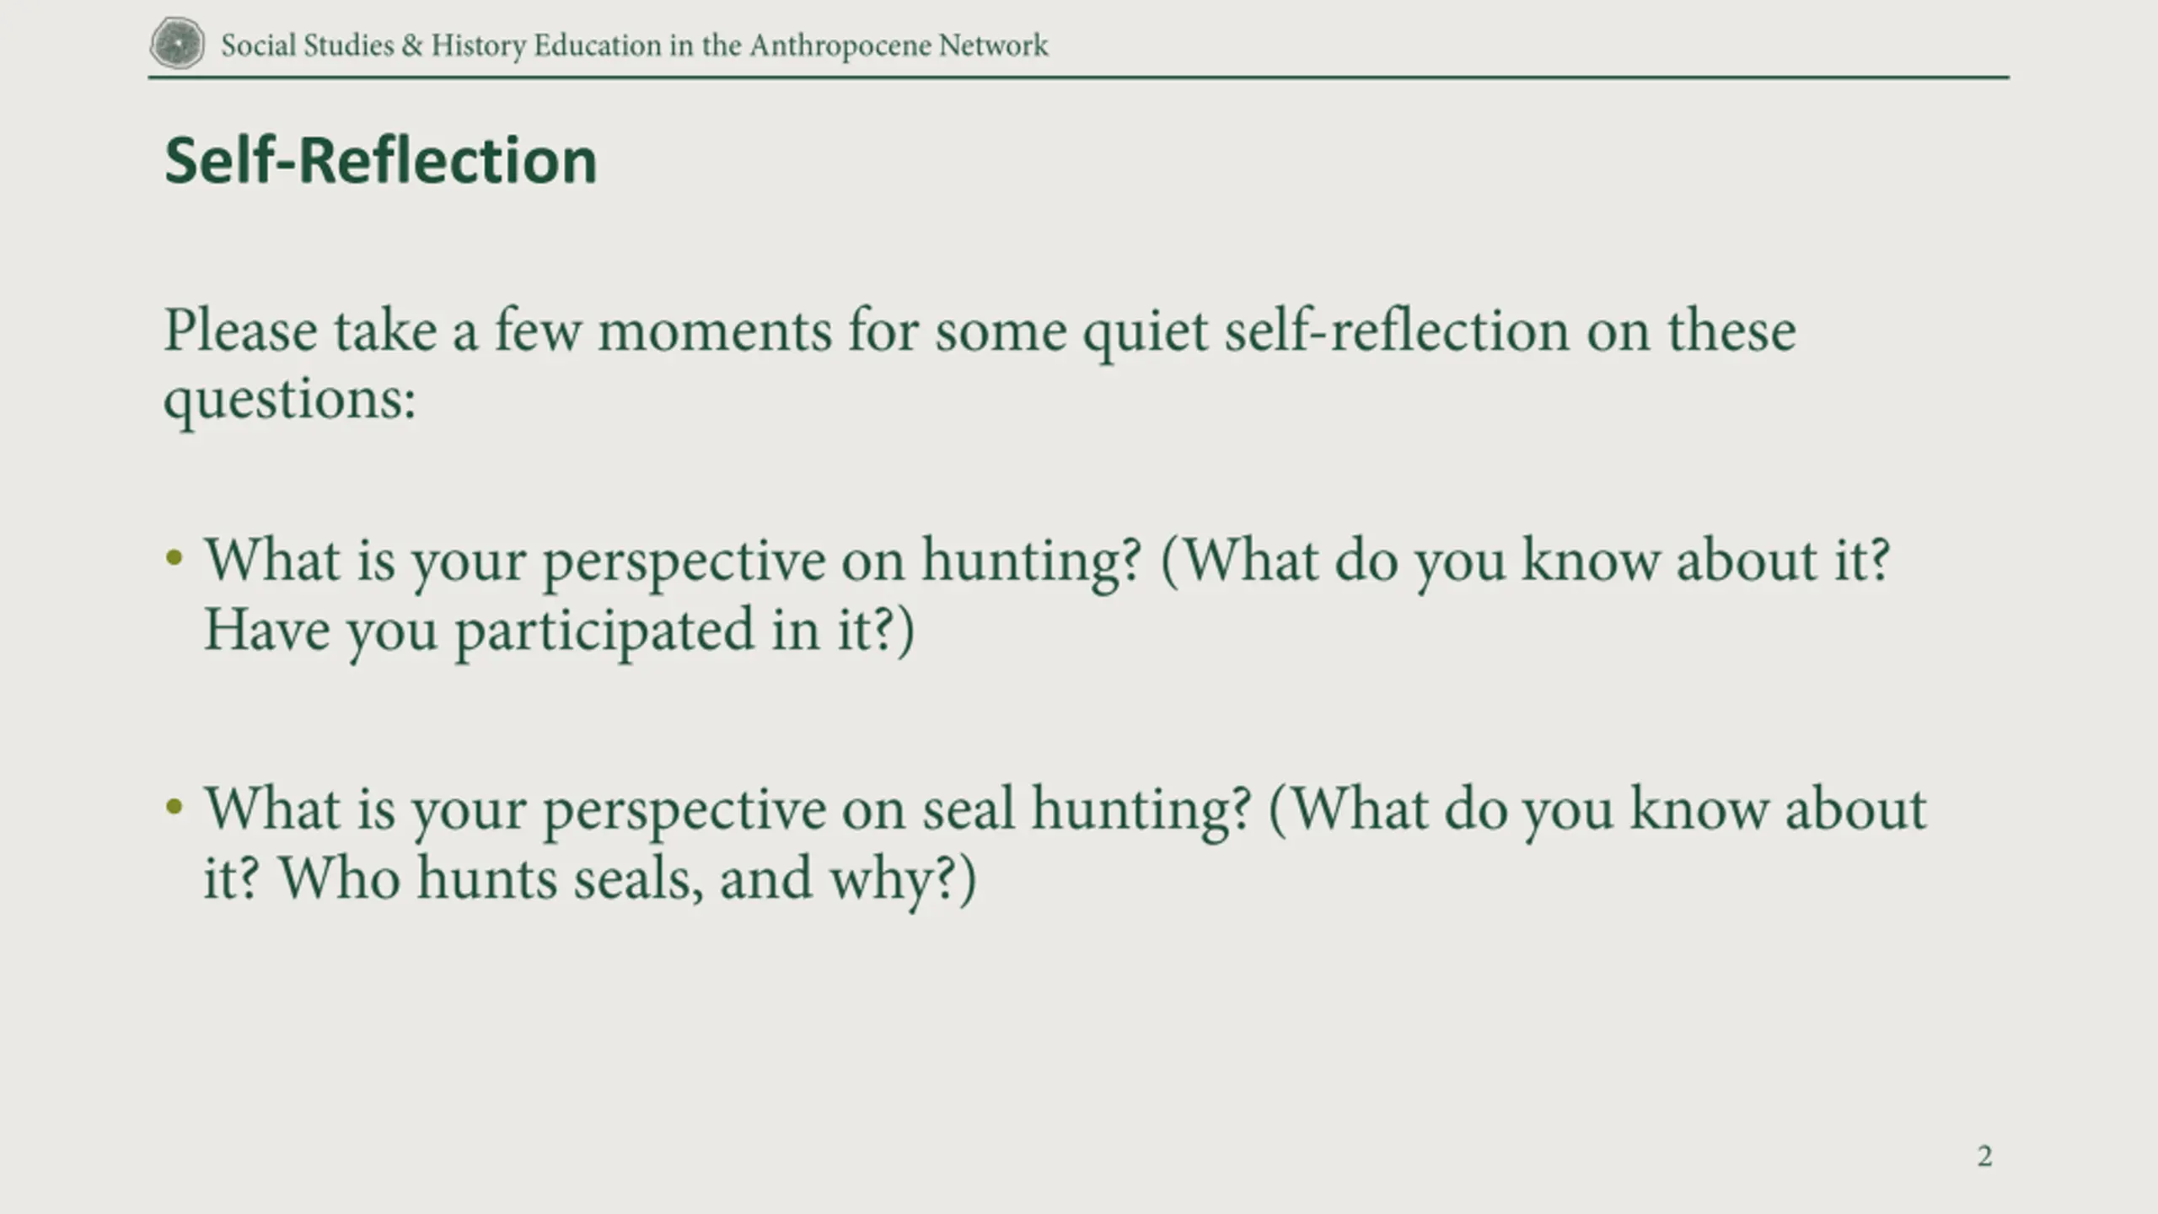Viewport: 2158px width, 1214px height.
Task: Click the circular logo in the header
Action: click(x=177, y=43)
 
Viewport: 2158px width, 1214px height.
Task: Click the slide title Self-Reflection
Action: click(x=381, y=160)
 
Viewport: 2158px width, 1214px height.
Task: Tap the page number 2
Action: click(x=1984, y=1156)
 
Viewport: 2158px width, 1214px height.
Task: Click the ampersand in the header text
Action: click(x=412, y=46)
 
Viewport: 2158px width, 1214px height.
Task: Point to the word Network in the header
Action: click(x=994, y=46)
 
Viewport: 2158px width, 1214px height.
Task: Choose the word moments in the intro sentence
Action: click(x=715, y=331)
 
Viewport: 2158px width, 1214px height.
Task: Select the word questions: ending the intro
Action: click(x=290, y=400)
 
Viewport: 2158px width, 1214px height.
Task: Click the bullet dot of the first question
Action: click(x=174, y=557)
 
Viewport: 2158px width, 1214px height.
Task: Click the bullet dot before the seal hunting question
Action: click(x=174, y=807)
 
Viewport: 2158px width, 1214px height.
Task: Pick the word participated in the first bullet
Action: click(x=604, y=631)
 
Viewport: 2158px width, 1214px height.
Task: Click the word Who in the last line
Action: click(x=339, y=878)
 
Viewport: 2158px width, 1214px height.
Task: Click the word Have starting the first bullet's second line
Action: click(x=266, y=631)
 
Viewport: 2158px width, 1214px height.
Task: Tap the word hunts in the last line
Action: click(x=486, y=878)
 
